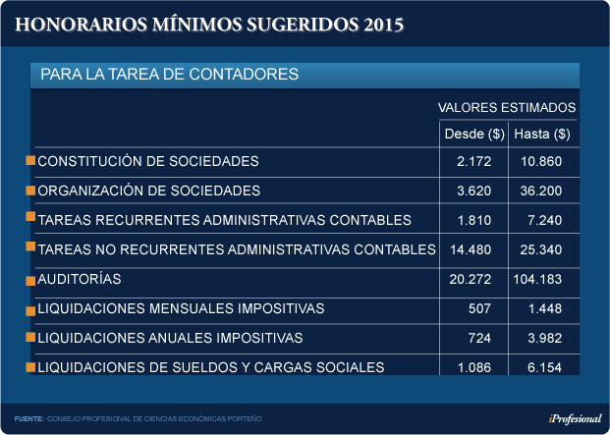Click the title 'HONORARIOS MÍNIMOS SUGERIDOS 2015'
click(208, 24)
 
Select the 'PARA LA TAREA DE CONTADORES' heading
click(170, 75)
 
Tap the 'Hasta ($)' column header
click(541, 134)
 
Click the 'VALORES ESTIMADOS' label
click(506, 107)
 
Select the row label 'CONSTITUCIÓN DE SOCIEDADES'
click(147, 160)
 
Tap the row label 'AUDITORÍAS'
click(79, 279)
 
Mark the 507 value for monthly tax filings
click(493, 308)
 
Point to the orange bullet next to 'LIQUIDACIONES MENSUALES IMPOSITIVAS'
click(30, 308)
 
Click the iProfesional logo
click(576, 418)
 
